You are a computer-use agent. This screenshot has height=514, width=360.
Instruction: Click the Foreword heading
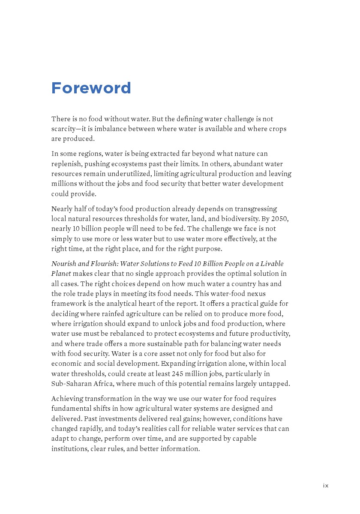(91, 88)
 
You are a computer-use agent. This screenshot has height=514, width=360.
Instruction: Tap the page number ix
(326, 485)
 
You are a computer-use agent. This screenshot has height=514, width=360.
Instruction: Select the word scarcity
(66, 129)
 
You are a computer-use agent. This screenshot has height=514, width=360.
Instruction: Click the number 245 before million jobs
(178, 374)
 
